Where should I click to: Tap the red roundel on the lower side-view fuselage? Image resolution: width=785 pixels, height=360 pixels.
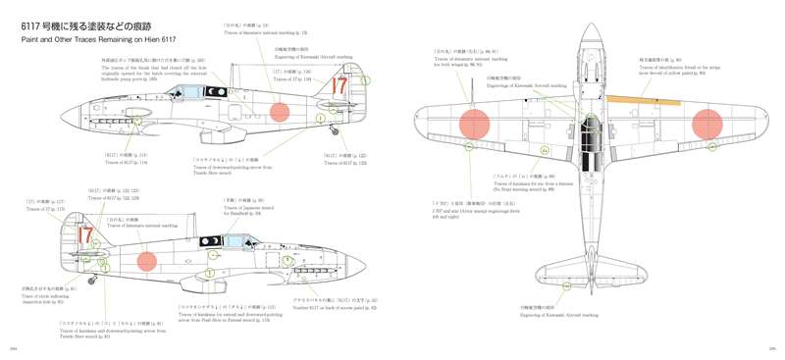tap(146, 261)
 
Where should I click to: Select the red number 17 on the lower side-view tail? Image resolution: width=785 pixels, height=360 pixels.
tap(85, 236)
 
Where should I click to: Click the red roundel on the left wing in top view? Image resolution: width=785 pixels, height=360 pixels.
tap(474, 124)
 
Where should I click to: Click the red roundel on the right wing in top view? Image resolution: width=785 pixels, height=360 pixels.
tap(707, 124)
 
